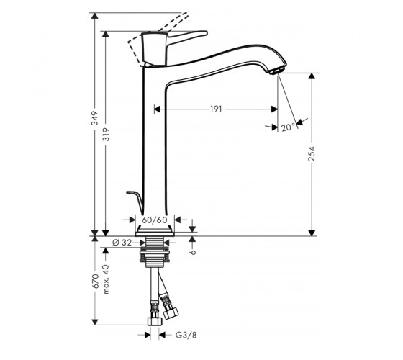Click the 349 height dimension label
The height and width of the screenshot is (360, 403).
click(95, 118)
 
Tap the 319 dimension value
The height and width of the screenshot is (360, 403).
click(106, 134)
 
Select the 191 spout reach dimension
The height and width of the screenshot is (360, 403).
click(216, 109)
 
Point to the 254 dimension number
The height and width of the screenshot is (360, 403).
click(312, 154)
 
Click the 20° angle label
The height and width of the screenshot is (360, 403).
click(288, 127)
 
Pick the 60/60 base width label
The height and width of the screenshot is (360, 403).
click(155, 220)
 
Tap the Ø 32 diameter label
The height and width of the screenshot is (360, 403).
click(122, 242)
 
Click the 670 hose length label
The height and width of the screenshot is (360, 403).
click(95, 281)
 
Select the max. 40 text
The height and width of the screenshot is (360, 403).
click(106, 279)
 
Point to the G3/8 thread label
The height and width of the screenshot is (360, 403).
click(186, 335)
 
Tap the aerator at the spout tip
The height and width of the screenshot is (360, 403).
click(276, 71)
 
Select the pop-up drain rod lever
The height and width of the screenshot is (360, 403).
click(135, 202)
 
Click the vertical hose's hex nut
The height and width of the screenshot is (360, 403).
click(155, 321)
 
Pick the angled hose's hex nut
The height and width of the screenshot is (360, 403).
click(171, 313)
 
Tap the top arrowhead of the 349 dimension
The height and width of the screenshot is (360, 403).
click(95, 16)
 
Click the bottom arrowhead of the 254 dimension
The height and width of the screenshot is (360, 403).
click(312, 233)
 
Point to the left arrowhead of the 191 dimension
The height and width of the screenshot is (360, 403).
click(158, 109)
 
